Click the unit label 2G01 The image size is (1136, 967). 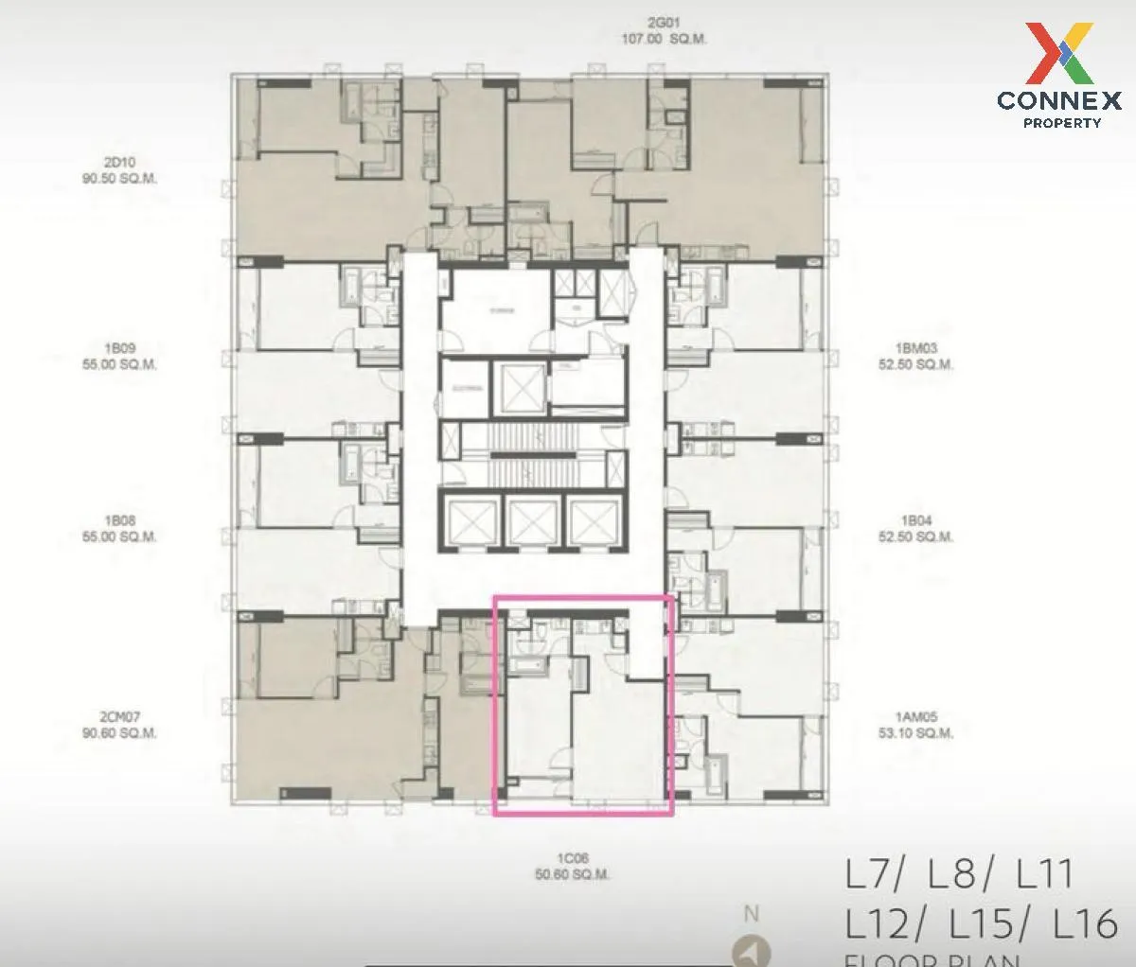tap(663, 24)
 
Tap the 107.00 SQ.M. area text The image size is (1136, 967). tap(663, 40)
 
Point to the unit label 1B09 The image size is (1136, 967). tap(119, 348)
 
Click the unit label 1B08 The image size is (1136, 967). tap(119, 520)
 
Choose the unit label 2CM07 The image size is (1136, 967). tap(119, 717)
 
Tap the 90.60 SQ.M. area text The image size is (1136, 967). tap(119, 733)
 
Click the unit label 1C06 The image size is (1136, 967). tap(572, 858)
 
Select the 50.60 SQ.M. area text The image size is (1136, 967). tap(572, 875)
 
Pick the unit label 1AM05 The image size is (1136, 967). tap(914, 717)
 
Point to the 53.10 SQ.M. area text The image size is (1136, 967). tap(914, 733)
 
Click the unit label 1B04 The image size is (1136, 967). tap(914, 520)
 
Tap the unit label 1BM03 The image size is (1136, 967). tap(914, 348)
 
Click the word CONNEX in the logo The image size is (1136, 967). tap(1059, 100)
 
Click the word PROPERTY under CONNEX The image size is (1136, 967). tap(1062, 123)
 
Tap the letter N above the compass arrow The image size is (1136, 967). tap(752, 914)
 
